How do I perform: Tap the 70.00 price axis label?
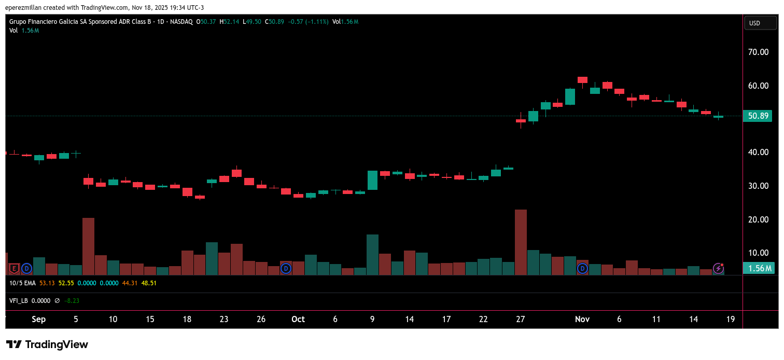(x=758, y=52)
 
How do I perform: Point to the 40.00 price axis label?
(x=758, y=152)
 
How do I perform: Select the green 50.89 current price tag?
(x=758, y=116)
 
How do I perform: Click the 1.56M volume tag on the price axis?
(x=758, y=268)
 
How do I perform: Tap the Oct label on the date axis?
(x=298, y=319)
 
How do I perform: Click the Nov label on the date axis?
(x=582, y=319)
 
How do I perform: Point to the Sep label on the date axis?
(x=39, y=319)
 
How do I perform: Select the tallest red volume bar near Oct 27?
(x=521, y=242)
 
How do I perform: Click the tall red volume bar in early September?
(x=89, y=246)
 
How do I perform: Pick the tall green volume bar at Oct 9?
(x=372, y=254)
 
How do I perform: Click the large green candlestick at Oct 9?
(x=372, y=180)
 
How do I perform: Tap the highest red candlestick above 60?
(x=582, y=80)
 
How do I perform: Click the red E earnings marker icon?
(x=15, y=268)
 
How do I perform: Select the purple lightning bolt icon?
(x=718, y=268)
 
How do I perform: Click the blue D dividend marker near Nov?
(x=582, y=268)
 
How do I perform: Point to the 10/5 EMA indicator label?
(x=23, y=283)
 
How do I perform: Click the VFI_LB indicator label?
(x=19, y=300)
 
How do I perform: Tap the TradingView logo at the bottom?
(x=47, y=344)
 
